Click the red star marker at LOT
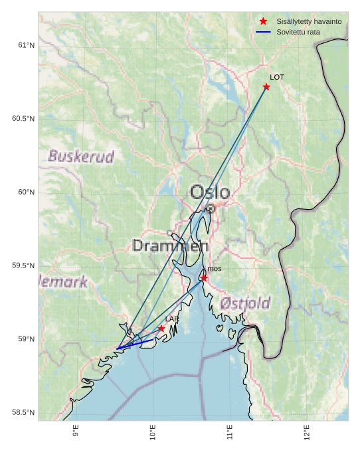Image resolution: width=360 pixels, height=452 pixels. coord(266,87)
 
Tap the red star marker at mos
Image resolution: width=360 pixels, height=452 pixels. coord(204,278)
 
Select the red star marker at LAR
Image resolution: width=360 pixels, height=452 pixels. coord(161,329)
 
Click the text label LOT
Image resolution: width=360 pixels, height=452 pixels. coord(277,78)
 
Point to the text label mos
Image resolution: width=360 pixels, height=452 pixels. coord(215,269)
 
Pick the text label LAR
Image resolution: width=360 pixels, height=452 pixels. coord(172,319)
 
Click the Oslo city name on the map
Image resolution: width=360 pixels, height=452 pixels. coord(210,192)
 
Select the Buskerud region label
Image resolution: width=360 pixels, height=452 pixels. coord(81,157)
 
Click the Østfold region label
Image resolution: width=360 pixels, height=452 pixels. coord(245,303)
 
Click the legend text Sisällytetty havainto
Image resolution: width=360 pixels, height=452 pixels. coord(309,22)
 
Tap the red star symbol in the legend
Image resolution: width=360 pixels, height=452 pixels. coord(264,22)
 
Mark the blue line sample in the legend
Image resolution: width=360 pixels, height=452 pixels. coord(264,32)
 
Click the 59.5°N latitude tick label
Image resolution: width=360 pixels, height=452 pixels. coord(21,265)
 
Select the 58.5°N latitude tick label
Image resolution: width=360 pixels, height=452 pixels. coord(21,413)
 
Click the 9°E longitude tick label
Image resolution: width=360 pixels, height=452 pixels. coord(76,432)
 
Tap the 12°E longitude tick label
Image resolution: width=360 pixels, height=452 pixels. coord(307,432)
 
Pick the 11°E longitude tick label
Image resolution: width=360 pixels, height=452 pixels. coord(230,432)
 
